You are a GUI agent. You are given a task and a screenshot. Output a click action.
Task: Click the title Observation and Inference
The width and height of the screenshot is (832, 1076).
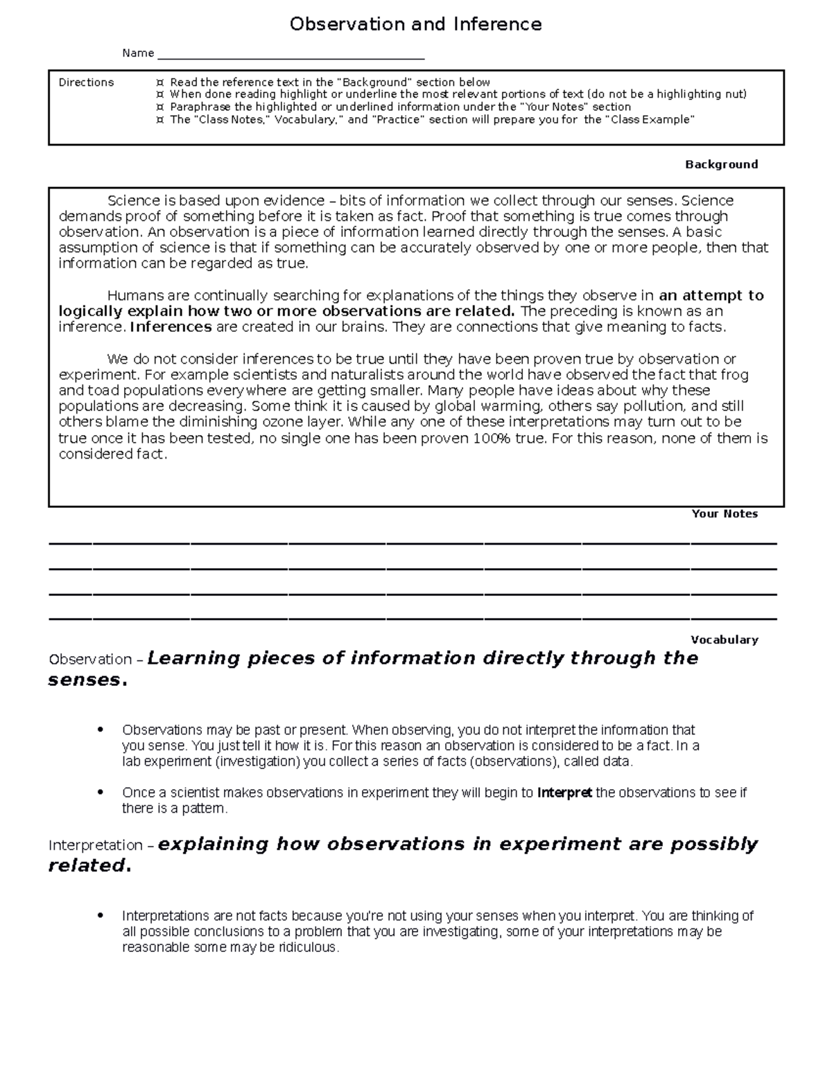pos(415,24)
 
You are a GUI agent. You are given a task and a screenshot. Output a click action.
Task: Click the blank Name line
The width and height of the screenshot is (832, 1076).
pos(291,55)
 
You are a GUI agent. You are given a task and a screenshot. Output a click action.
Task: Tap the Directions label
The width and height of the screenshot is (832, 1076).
pos(86,82)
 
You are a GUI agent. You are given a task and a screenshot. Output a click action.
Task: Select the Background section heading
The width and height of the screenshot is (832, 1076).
pos(721,164)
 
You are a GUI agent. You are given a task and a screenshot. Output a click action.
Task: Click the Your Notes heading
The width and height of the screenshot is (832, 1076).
pos(725,513)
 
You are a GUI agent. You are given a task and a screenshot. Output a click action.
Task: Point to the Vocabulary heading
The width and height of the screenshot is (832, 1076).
pos(725,640)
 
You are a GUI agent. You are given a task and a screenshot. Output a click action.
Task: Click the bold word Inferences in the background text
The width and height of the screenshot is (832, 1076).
pos(171,327)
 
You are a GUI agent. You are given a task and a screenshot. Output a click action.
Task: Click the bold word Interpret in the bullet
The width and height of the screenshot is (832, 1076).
pos(564,793)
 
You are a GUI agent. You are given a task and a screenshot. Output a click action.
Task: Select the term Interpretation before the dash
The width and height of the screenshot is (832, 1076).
pos(95,845)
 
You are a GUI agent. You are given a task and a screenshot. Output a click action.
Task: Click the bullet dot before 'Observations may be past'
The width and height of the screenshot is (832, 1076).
pos(101,730)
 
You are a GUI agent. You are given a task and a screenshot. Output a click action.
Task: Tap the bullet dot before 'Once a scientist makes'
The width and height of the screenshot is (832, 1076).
pos(101,792)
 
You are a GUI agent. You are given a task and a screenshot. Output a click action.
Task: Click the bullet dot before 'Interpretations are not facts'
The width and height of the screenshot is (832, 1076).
pos(101,915)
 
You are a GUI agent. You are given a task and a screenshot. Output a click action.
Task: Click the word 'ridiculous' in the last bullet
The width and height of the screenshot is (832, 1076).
pos(308,947)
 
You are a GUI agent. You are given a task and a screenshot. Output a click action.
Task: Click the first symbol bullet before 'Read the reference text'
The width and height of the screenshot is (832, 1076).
pos(160,82)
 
